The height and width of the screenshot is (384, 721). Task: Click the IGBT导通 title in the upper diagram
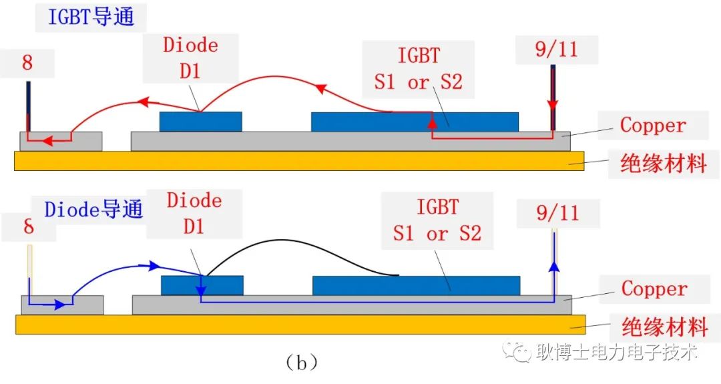(91, 17)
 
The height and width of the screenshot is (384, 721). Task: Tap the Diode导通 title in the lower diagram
(93, 210)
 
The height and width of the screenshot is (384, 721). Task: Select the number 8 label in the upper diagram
(27, 63)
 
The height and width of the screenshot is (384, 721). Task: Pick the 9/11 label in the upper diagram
(556, 49)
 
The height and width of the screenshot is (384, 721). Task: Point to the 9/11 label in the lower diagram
(557, 213)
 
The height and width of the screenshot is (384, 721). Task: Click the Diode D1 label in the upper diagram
(190, 58)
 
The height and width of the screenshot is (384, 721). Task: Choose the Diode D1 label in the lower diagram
(194, 214)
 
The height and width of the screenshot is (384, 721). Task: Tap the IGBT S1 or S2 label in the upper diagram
(418, 69)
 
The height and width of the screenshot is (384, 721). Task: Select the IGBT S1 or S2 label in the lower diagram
(437, 220)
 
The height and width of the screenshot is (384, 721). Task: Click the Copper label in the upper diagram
(653, 125)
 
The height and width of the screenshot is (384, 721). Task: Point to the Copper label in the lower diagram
(654, 289)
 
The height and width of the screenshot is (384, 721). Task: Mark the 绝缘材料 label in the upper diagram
(663, 164)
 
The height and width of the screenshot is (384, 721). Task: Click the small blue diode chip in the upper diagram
(200, 122)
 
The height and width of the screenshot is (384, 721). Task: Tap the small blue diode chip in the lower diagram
(202, 286)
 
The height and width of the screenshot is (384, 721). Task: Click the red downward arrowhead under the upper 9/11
(553, 106)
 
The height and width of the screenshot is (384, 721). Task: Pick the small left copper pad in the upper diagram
(61, 141)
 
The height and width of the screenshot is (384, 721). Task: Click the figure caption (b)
(301, 363)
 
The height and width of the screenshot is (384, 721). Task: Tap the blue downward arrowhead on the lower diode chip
(201, 291)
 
